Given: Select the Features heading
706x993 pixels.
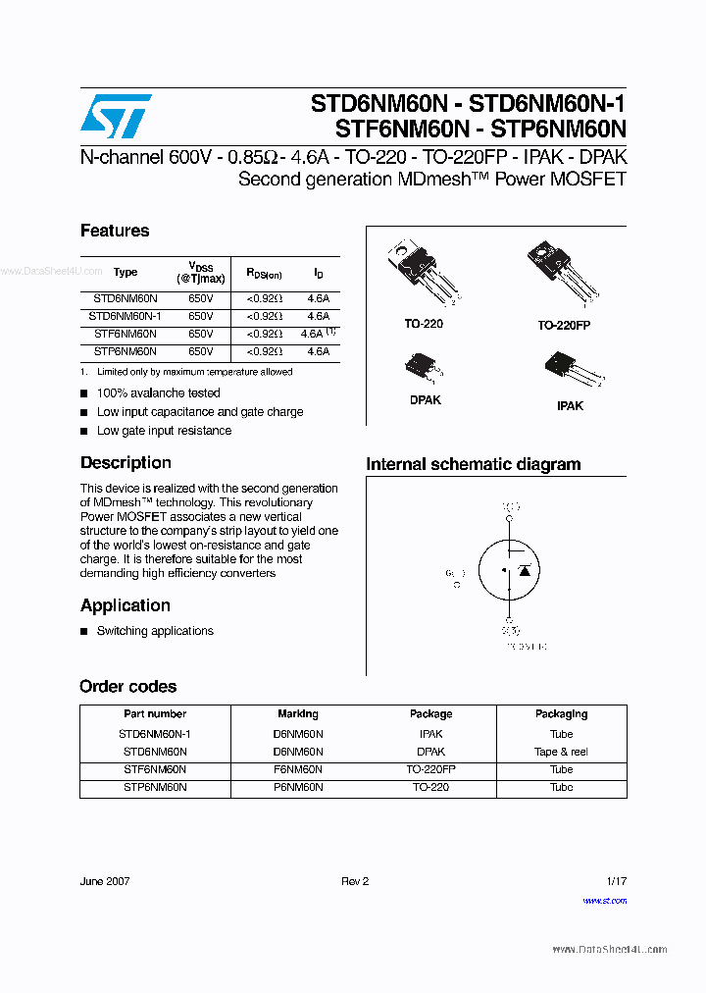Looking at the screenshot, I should [x=115, y=231].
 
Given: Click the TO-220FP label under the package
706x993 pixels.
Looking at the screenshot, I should [x=564, y=325].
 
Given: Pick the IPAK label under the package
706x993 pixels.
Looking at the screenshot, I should [x=570, y=405].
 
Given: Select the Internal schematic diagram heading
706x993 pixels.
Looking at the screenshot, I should [x=473, y=464].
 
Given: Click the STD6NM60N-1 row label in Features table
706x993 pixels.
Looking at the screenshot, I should [x=125, y=316].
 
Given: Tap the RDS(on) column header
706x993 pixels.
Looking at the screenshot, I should [x=264, y=274].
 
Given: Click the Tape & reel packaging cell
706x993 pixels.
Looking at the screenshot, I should [x=561, y=752].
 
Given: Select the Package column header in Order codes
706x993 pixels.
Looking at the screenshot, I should [x=430, y=714].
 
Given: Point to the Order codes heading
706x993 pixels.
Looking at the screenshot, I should [x=128, y=686].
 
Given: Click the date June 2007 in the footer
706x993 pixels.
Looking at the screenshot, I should [x=105, y=881].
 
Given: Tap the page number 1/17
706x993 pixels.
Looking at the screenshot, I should [x=616, y=881].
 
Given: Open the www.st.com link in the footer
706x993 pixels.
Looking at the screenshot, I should [x=604, y=900].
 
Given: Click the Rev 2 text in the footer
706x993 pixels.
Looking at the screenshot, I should [x=355, y=881].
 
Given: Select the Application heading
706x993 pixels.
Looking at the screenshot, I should [x=126, y=605].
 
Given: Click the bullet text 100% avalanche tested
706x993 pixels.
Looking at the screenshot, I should [x=158, y=393].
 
